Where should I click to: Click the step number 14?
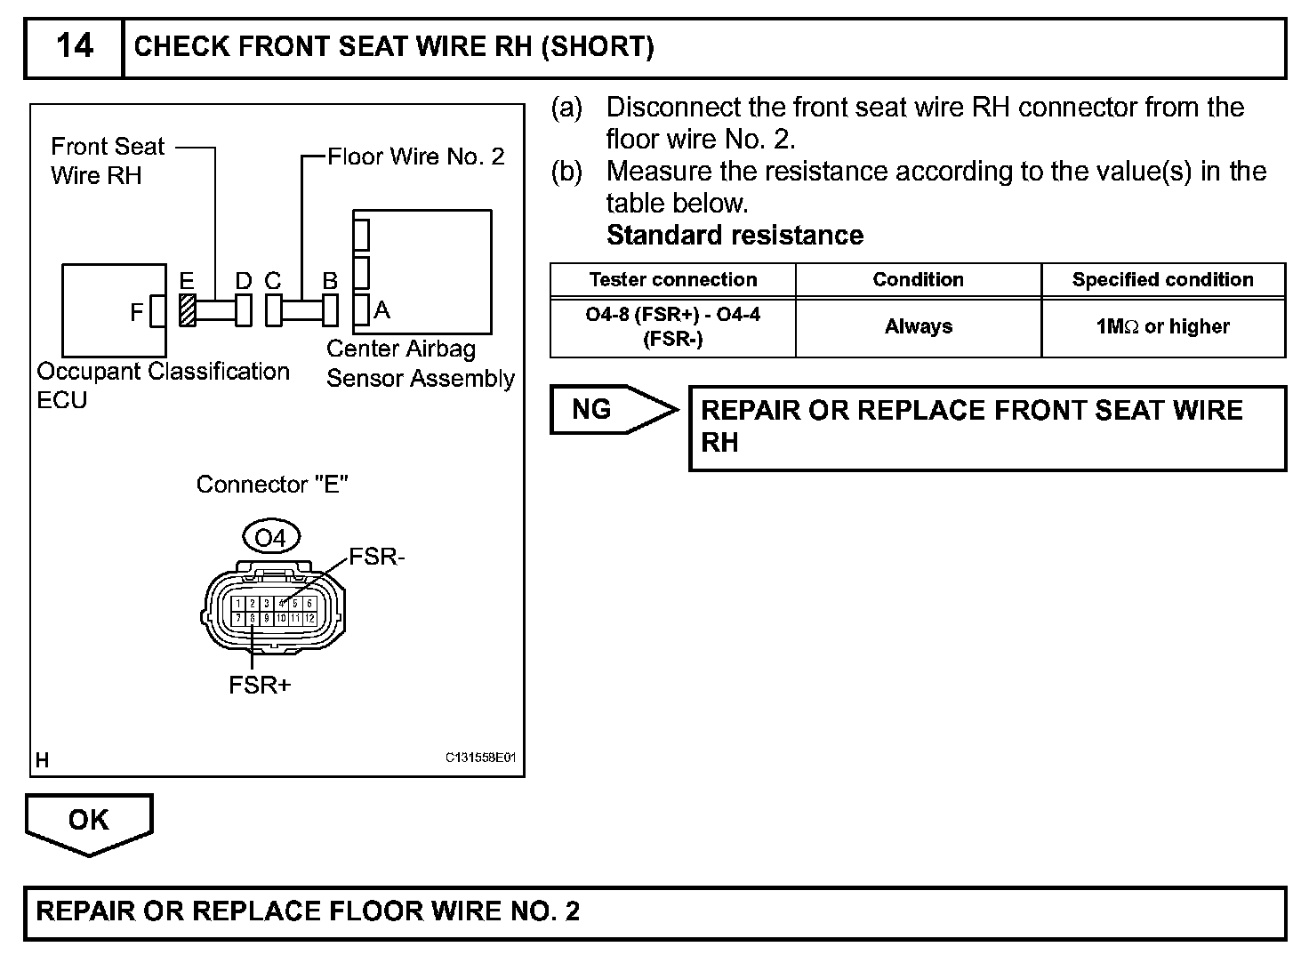pos(74,45)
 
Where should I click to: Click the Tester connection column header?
pos(672,280)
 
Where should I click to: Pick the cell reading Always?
pos(918,327)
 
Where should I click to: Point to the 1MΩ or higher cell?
pos(1162,327)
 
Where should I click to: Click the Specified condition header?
pos(1162,280)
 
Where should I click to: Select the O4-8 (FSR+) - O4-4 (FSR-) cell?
pos(672,326)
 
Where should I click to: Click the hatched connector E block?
pos(188,310)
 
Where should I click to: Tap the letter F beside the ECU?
pos(136,312)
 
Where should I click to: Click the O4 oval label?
pos(270,538)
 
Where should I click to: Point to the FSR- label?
pos(377,558)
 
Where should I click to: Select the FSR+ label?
pos(260,686)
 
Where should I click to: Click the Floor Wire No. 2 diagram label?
pos(415,157)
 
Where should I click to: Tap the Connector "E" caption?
pos(272,485)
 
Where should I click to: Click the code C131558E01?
pos(480,758)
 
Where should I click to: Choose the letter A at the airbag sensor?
pos(382,309)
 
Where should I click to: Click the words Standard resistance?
pos(735,236)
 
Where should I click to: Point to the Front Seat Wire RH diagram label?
pos(108,161)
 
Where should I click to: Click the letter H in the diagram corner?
pos(42,760)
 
